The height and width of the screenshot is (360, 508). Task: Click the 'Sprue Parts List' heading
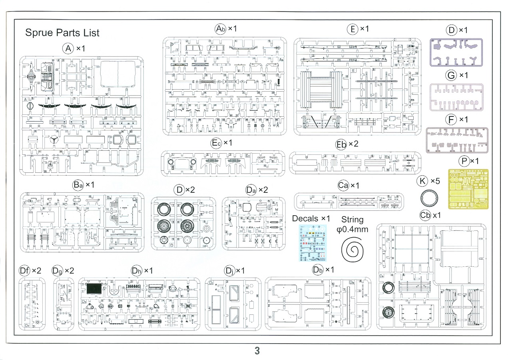point(62,33)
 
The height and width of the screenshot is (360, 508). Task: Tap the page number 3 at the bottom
point(257,351)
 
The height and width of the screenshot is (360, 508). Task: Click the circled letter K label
point(422,181)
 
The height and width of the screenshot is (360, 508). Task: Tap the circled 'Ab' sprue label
point(221,29)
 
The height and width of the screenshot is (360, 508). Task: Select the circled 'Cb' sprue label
point(425,215)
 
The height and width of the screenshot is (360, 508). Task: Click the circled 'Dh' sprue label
point(137,271)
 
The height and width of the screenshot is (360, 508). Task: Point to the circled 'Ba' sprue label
point(78,185)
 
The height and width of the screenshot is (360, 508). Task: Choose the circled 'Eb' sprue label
point(341,144)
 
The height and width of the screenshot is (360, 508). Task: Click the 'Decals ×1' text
point(311,218)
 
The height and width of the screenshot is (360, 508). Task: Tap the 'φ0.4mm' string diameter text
point(352,230)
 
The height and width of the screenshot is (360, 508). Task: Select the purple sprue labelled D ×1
point(456,52)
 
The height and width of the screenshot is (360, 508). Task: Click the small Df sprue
point(32,304)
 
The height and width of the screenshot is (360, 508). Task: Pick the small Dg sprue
point(64,304)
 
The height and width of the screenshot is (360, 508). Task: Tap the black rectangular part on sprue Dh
point(94,288)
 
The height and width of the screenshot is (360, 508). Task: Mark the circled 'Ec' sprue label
point(216,143)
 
